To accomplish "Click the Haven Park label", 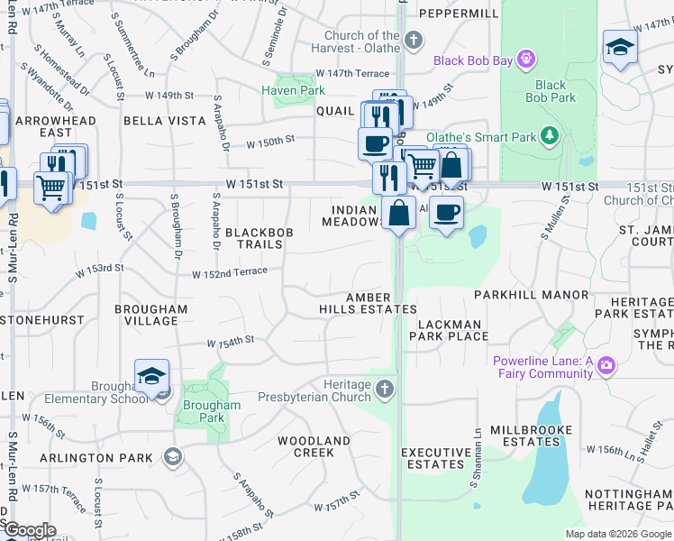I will pyautogui.click(x=293, y=90).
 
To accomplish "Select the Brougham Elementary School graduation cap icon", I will pyautogui.click(x=151, y=376).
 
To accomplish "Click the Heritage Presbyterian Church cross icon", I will pyautogui.click(x=385, y=389).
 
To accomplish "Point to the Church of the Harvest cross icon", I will pyautogui.click(x=414, y=40).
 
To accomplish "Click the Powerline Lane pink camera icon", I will pyautogui.click(x=607, y=366).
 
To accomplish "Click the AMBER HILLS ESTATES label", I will pyautogui.click(x=368, y=303).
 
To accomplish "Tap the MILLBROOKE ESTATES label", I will pyautogui.click(x=531, y=436).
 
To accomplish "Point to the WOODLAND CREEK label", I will pyautogui.click(x=313, y=446).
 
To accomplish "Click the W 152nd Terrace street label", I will pyautogui.click(x=229, y=271).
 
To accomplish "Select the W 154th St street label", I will pyautogui.click(x=231, y=342).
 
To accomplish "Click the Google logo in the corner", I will pyautogui.click(x=30, y=530).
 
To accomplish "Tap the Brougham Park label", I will pyautogui.click(x=212, y=411).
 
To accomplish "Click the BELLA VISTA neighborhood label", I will pyautogui.click(x=158, y=120).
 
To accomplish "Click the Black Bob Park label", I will pyautogui.click(x=550, y=91).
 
